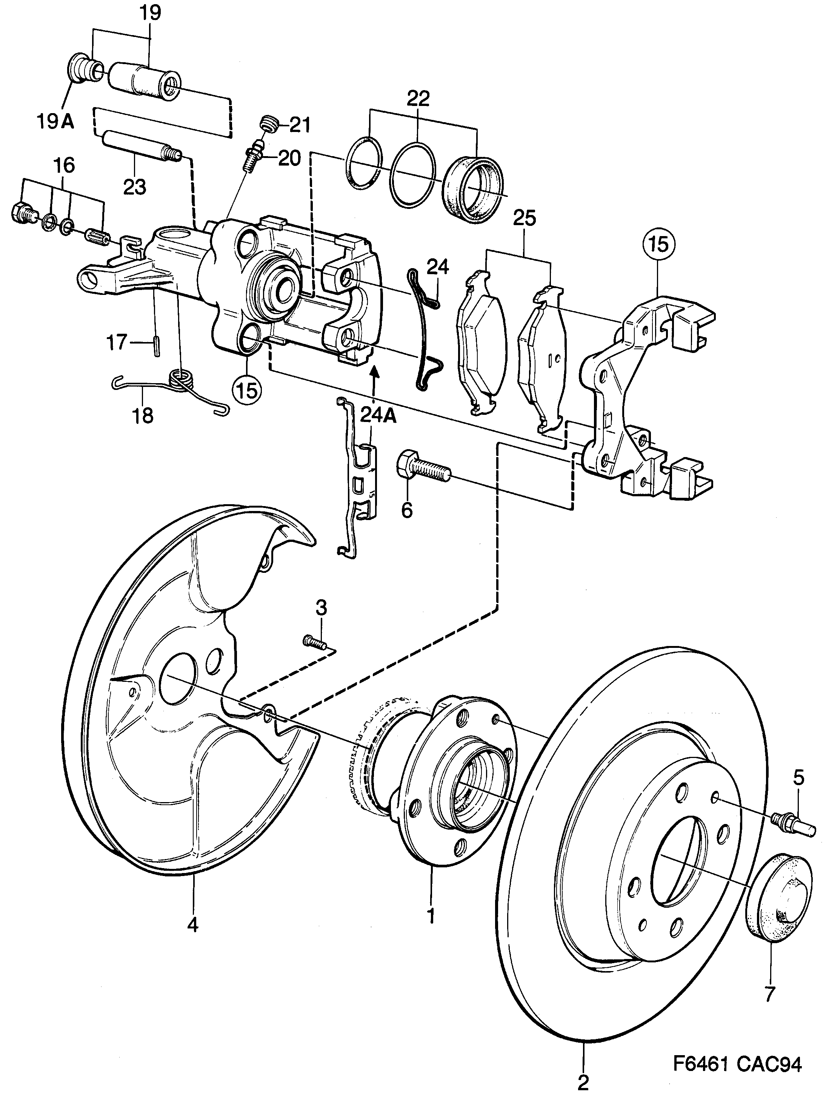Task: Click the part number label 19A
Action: (55, 121)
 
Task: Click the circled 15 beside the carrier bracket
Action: (659, 244)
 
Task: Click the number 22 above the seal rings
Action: (418, 98)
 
